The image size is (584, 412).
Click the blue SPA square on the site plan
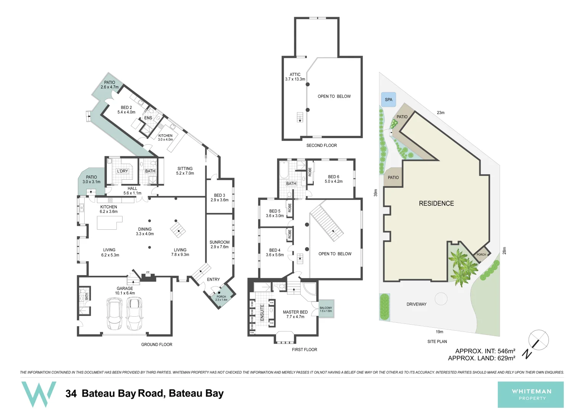(389, 100)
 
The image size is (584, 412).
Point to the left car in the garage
(115, 314)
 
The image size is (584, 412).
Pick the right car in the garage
(134, 314)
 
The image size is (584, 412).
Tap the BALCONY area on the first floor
(326, 309)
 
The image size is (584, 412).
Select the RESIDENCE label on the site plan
(436, 204)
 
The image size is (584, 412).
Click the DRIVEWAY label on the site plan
(416, 304)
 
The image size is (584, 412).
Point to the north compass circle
(538, 340)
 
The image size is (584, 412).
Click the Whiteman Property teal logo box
(531, 394)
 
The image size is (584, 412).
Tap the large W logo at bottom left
(39, 394)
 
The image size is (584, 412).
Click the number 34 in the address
(71, 394)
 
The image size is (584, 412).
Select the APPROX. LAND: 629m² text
(481, 358)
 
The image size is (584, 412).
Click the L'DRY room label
(123, 171)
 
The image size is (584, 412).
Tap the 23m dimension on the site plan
(440, 113)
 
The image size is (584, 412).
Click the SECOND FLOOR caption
(321, 145)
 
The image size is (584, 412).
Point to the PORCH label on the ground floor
(221, 296)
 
